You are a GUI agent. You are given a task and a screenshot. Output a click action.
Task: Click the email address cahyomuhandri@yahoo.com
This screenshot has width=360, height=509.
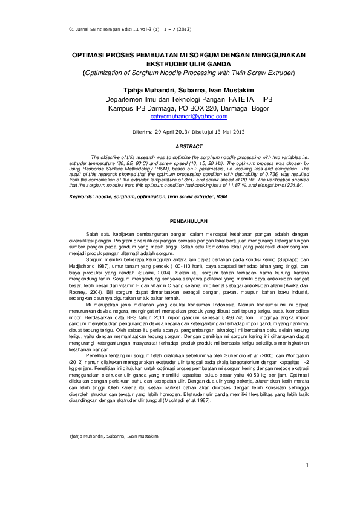[180, 116]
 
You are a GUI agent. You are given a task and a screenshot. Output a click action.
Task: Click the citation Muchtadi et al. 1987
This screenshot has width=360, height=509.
[194, 400]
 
